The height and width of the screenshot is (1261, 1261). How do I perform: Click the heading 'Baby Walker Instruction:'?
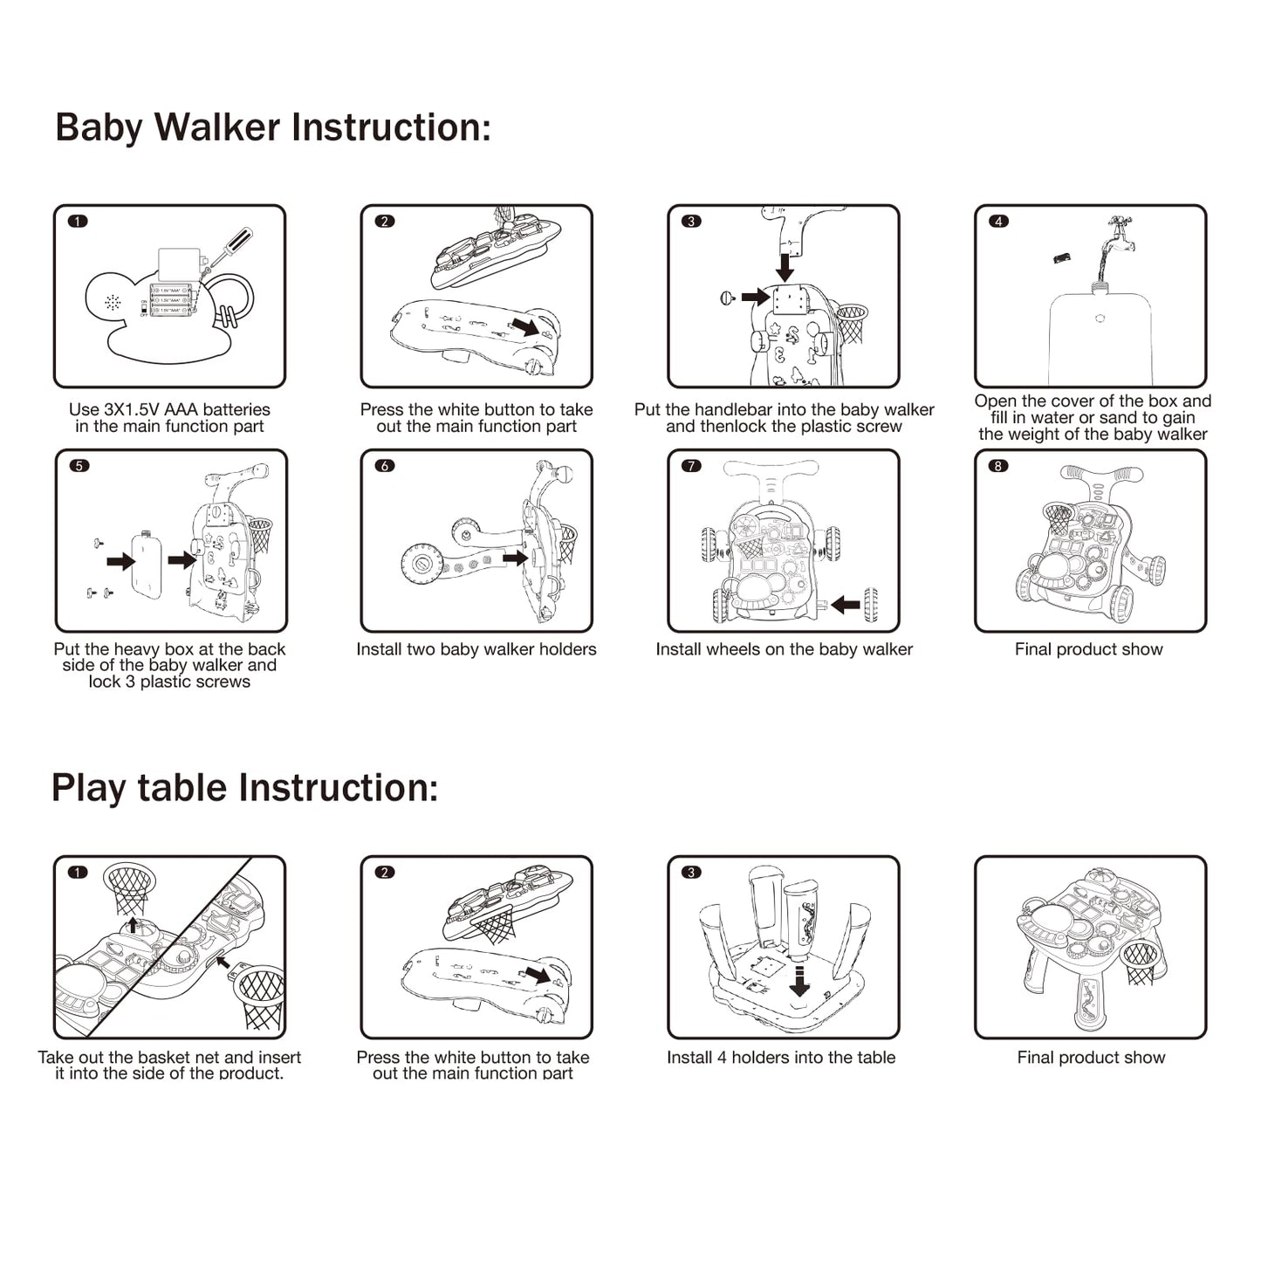click(x=273, y=127)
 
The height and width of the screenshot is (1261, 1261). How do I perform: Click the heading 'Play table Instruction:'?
click(x=244, y=787)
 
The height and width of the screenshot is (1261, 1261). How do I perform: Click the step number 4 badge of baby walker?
click(x=998, y=222)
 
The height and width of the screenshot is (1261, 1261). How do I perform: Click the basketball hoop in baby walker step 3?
click(x=851, y=321)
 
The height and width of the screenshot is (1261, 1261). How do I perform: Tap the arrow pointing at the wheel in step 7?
click(x=846, y=604)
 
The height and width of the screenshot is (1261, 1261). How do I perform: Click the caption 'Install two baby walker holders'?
click(x=476, y=649)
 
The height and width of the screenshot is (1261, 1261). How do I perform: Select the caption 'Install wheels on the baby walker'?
click(x=784, y=649)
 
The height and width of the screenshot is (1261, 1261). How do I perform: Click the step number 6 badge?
click(x=384, y=466)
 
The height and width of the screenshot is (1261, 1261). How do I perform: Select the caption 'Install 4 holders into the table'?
click(x=781, y=1058)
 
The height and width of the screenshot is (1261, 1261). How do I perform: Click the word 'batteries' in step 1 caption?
click(x=236, y=409)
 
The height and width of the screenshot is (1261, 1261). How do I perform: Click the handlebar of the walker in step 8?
click(x=1101, y=475)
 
